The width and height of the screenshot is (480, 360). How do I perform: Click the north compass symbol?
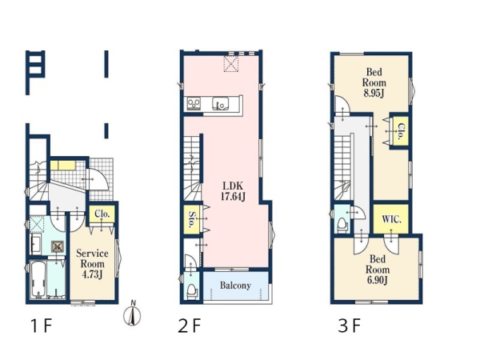tap(132, 314)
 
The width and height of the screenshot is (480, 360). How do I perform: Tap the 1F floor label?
tap(42, 326)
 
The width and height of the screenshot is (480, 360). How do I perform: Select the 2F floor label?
tap(189, 326)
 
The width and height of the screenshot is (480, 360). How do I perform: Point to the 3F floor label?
tap(350, 326)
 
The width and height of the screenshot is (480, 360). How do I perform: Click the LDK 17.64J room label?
tap(233, 191)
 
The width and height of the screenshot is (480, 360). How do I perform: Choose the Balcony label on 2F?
tap(235, 286)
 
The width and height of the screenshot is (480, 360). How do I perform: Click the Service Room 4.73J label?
tap(92, 264)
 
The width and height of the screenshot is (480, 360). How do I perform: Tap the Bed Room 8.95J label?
tap(374, 82)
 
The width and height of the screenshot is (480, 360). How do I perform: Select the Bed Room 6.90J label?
tap(377, 270)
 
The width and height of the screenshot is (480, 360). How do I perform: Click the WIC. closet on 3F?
tap(391, 218)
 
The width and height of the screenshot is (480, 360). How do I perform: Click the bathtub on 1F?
tap(39, 279)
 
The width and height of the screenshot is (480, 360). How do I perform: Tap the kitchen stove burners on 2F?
tap(194, 103)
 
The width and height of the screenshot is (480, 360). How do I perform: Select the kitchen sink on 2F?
tap(221, 103)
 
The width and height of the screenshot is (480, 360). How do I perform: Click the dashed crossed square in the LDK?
tap(231, 64)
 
